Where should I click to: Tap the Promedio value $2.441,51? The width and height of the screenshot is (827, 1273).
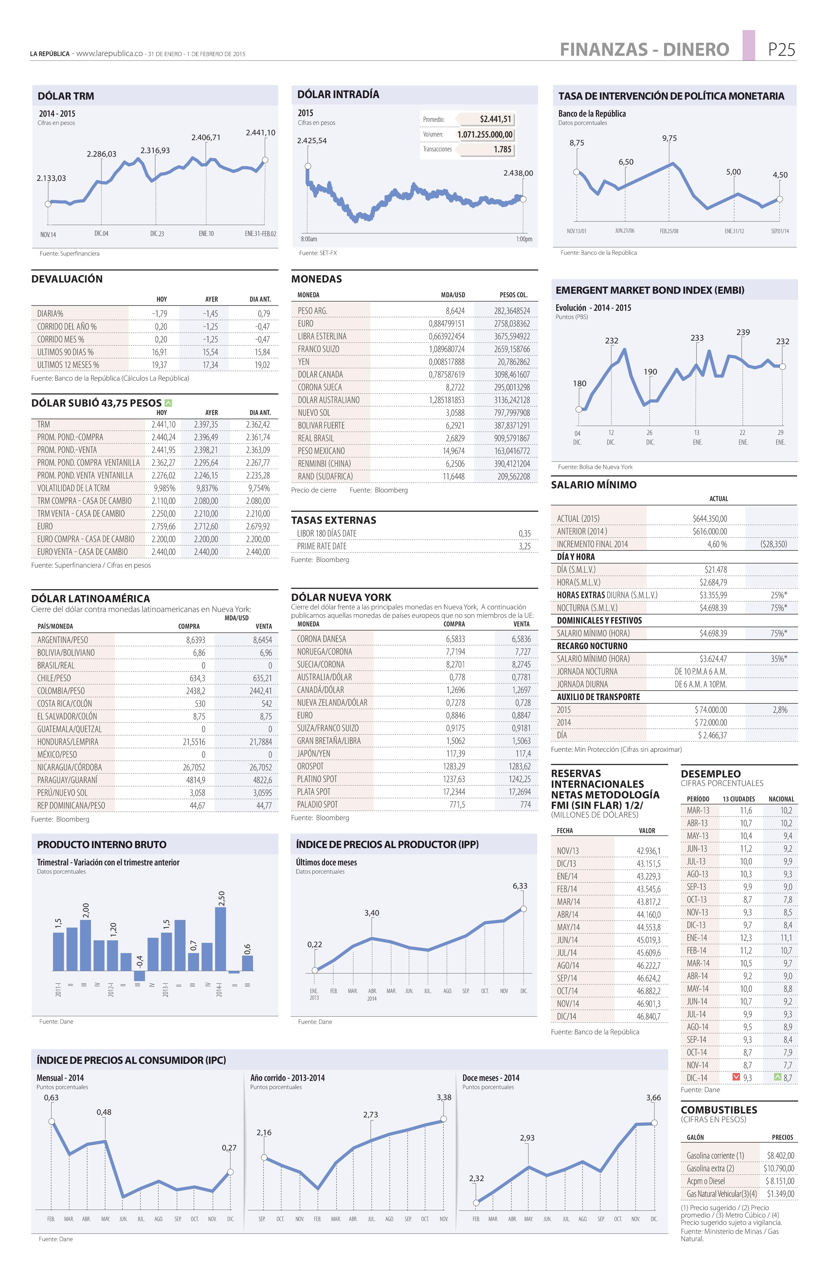point(495,119)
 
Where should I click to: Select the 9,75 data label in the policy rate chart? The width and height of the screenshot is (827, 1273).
point(669,138)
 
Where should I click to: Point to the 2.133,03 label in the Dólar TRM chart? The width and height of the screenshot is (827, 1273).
point(51,178)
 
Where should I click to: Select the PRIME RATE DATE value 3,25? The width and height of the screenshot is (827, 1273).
point(524,546)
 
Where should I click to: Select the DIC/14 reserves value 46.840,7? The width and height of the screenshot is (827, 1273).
point(648,1016)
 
